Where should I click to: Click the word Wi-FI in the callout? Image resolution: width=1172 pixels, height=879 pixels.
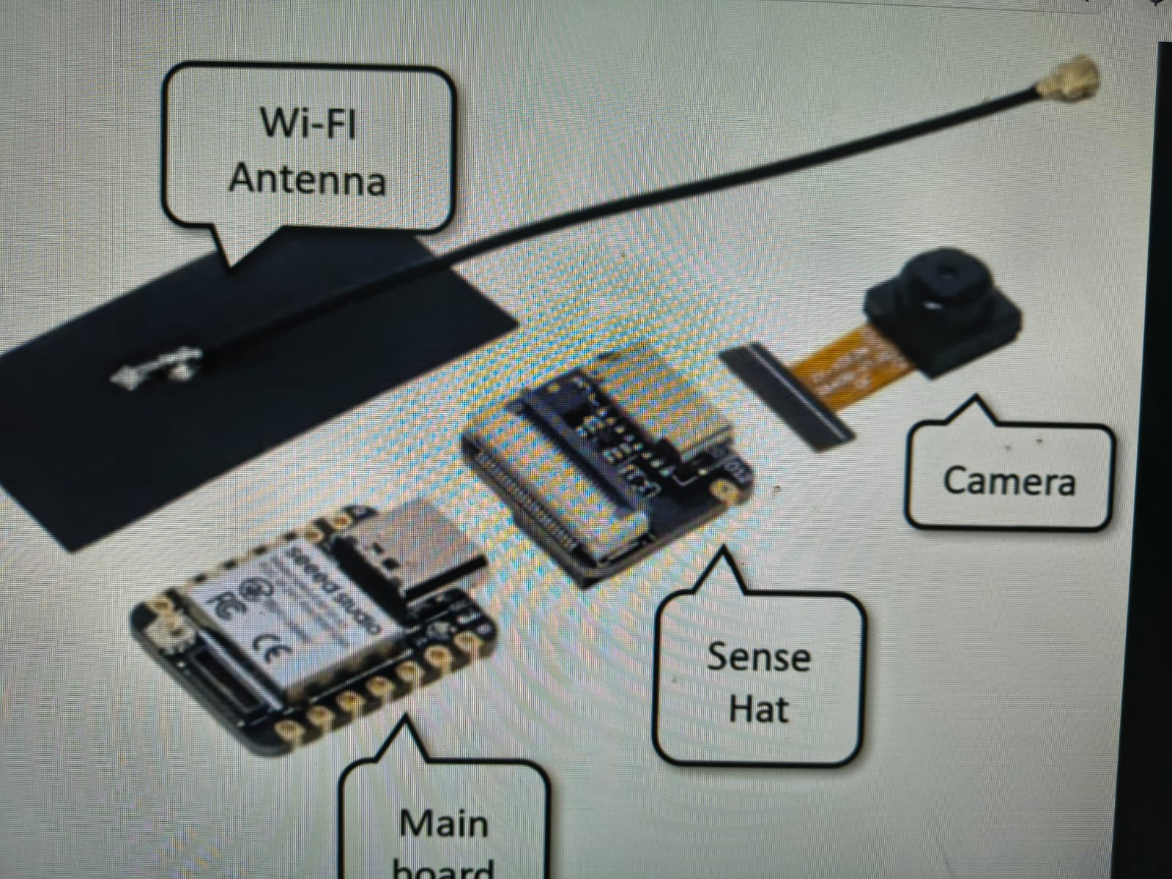click(308, 122)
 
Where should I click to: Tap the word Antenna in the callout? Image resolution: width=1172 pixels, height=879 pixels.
click(308, 178)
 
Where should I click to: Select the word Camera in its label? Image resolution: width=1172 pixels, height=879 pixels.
click(1009, 481)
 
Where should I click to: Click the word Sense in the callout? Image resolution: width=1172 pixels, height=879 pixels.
click(759, 656)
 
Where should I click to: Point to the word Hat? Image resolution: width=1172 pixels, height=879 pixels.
click(759, 709)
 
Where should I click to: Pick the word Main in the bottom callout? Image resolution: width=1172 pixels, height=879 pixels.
click(444, 823)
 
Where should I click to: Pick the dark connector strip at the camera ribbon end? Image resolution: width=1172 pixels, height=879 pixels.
click(787, 396)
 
